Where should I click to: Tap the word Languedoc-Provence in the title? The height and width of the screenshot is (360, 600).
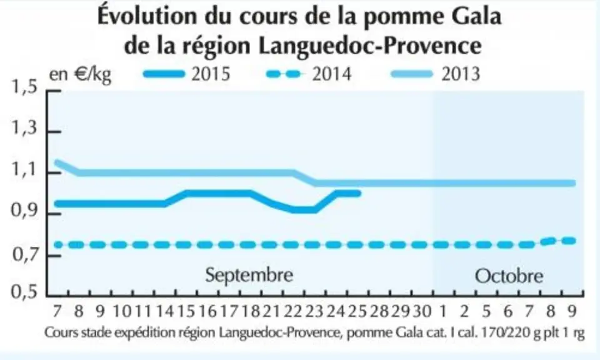(x=369, y=45)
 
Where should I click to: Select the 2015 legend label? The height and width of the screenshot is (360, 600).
(x=211, y=74)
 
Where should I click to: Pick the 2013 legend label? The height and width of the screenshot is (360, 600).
(x=461, y=74)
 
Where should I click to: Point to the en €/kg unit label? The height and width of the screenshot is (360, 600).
(x=80, y=74)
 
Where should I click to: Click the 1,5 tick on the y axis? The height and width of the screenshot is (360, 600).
(x=25, y=87)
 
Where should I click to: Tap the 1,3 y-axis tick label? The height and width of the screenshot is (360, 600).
(x=25, y=127)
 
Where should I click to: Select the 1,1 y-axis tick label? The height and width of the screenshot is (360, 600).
(x=25, y=169)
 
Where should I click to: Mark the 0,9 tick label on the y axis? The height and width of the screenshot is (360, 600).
(x=25, y=210)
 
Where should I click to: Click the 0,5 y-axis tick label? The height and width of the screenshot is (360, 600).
(x=25, y=292)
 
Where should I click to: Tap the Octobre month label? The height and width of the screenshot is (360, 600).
(x=509, y=276)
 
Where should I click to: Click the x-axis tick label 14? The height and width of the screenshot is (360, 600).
(x=165, y=311)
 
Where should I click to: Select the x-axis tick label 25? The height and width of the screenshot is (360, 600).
(x=358, y=311)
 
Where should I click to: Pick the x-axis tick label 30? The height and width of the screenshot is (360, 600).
(x=422, y=311)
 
